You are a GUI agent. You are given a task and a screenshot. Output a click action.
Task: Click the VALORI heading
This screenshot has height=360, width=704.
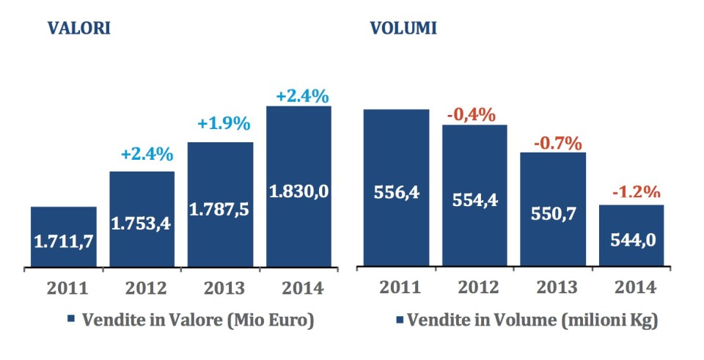[x=79, y=29]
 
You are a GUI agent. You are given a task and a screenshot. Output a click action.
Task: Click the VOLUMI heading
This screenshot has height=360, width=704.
[x=403, y=29]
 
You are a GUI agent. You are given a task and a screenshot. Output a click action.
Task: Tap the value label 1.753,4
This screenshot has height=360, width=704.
[x=142, y=224]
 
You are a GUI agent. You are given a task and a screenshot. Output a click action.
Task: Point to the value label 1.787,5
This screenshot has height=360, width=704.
[x=220, y=208]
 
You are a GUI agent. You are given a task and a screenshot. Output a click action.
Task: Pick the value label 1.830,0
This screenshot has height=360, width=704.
[x=298, y=191]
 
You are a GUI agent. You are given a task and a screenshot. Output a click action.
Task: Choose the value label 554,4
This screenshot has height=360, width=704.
[x=474, y=200]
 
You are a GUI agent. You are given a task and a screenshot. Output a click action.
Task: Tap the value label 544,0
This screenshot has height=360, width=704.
[x=632, y=240]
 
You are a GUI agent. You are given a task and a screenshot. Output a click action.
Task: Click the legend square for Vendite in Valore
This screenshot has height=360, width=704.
[x=71, y=320]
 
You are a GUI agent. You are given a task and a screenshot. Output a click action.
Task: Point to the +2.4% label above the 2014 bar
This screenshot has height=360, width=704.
[x=302, y=96]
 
